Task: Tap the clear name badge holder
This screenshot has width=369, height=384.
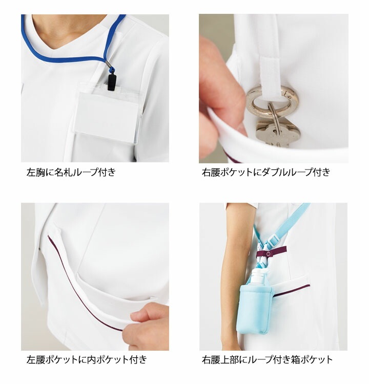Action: coord(108,113)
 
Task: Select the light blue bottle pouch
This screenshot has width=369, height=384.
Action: coord(256,309)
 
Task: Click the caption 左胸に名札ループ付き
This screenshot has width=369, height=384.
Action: coord(71,172)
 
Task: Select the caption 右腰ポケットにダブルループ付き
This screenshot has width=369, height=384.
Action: coord(266,172)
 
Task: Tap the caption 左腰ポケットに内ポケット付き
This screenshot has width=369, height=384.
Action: coord(87,359)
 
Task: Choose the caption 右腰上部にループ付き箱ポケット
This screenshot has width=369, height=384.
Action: coord(267,359)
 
